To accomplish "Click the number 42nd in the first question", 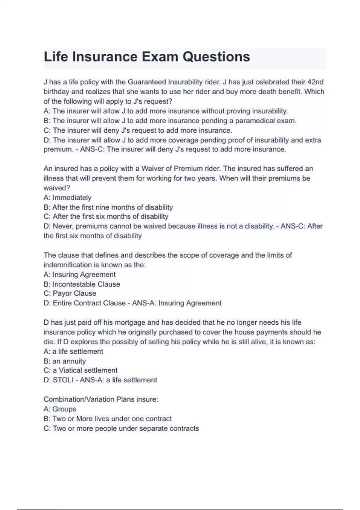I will [316, 82].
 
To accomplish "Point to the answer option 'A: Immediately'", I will [67, 197].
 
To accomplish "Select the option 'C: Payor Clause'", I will [70, 293].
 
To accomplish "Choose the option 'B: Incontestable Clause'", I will [82, 284].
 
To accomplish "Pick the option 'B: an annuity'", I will [65, 361].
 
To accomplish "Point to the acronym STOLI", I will [63, 380].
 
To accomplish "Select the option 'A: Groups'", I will [60, 409].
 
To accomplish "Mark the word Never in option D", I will [63, 226].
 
